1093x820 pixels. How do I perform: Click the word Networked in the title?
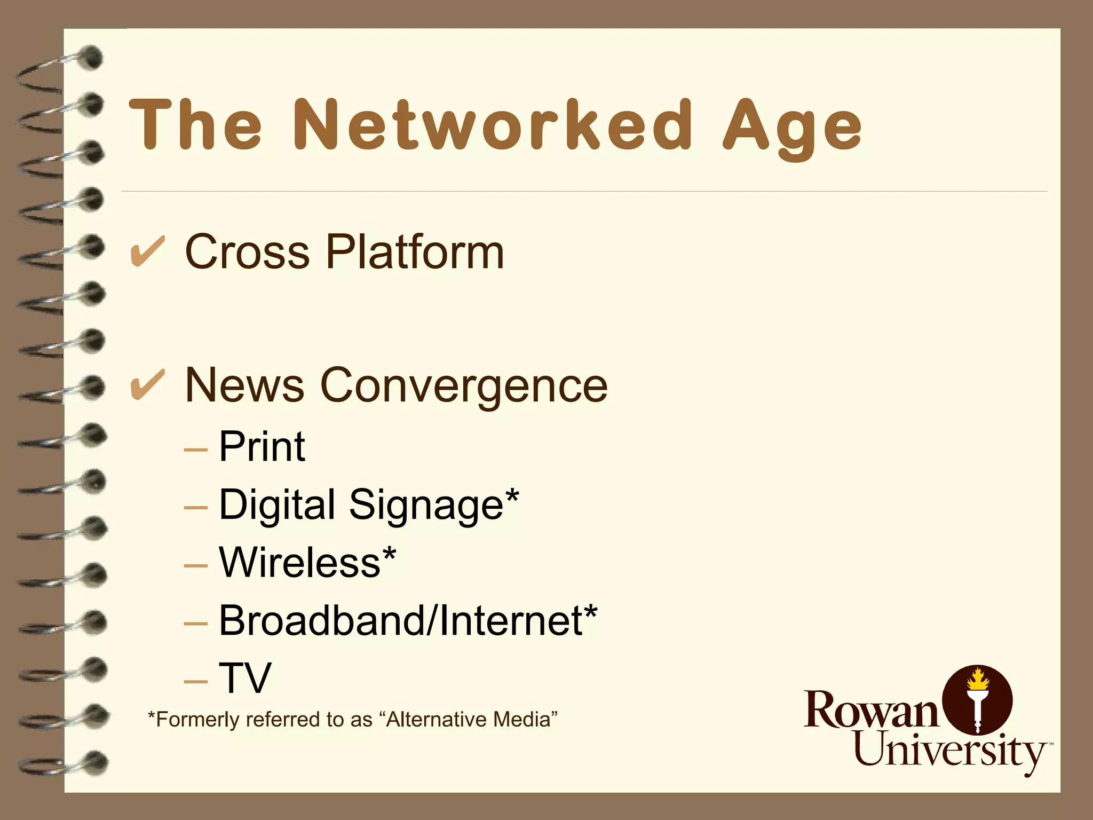(x=493, y=125)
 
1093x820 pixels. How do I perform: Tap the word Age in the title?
(x=792, y=128)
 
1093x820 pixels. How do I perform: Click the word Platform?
(x=415, y=252)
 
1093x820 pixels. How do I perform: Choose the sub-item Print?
(x=262, y=446)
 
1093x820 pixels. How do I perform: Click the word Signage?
(x=426, y=505)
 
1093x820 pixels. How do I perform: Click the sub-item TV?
(x=245, y=678)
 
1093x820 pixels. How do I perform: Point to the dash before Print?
(x=195, y=450)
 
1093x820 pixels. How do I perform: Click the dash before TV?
(x=195, y=682)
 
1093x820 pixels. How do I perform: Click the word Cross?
(x=247, y=252)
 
